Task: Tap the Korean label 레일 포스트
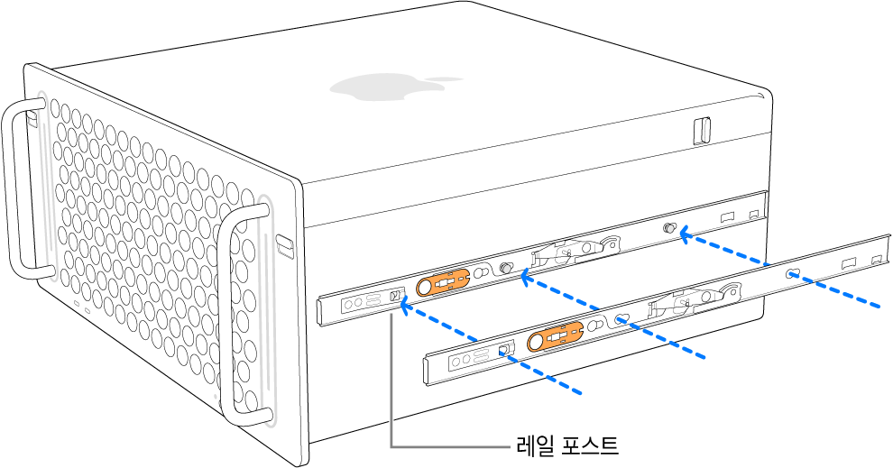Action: coord(566,445)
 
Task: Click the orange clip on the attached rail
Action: coord(443,283)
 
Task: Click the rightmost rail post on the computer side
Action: coord(669,229)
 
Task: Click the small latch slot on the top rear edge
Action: coord(702,130)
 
